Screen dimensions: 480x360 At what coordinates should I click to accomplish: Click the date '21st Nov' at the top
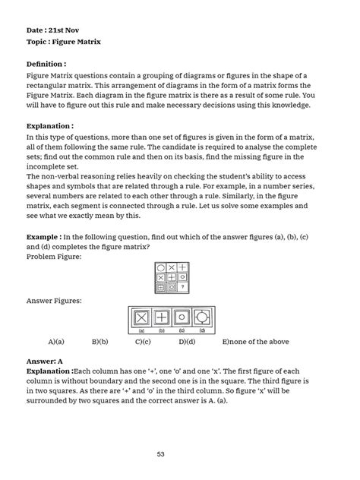[x=65, y=30]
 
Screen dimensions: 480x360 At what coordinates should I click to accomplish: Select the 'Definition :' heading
[x=46, y=65]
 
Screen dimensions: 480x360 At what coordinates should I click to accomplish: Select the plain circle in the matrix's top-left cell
[x=161, y=267]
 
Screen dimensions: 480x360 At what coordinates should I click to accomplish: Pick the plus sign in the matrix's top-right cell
[x=183, y=267]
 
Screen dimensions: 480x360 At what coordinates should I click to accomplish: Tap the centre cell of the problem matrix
[x=172, y=277]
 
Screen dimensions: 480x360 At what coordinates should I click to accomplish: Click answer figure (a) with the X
[x=141, y=317]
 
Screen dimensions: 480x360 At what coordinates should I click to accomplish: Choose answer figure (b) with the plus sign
[x=162, y=317]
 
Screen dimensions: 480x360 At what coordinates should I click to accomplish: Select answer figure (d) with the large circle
[x=202, y=317]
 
